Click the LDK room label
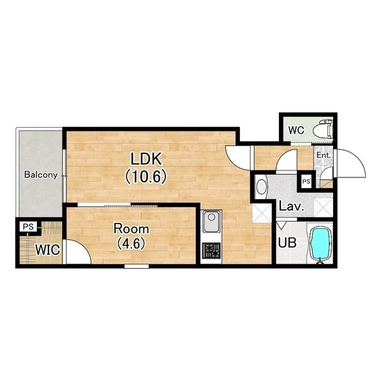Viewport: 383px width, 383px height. click(146, 159)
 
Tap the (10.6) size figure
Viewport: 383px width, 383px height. click(146, 176)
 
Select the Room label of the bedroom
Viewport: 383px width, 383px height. click(131, 229)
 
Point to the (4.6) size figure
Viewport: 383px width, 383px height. click(131, 244)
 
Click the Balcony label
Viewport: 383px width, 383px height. click(41, 175)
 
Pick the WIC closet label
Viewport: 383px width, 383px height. click(48, 250)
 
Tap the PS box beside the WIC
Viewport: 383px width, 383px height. click(28, 227)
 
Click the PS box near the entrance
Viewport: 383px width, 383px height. click(306, 181)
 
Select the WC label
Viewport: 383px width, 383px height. click(296, 130)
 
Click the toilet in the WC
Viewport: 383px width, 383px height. click(323, 129)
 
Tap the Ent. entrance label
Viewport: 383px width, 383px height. click(324, 155)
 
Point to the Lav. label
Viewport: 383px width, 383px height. click(292, 207)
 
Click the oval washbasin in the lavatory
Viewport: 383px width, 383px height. click(261, 187)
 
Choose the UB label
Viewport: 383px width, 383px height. click(287, 243)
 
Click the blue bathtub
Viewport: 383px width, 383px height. click(320, 244)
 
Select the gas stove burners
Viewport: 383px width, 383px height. click(211, 251)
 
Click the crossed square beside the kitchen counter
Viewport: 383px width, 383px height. click(262, 214)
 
